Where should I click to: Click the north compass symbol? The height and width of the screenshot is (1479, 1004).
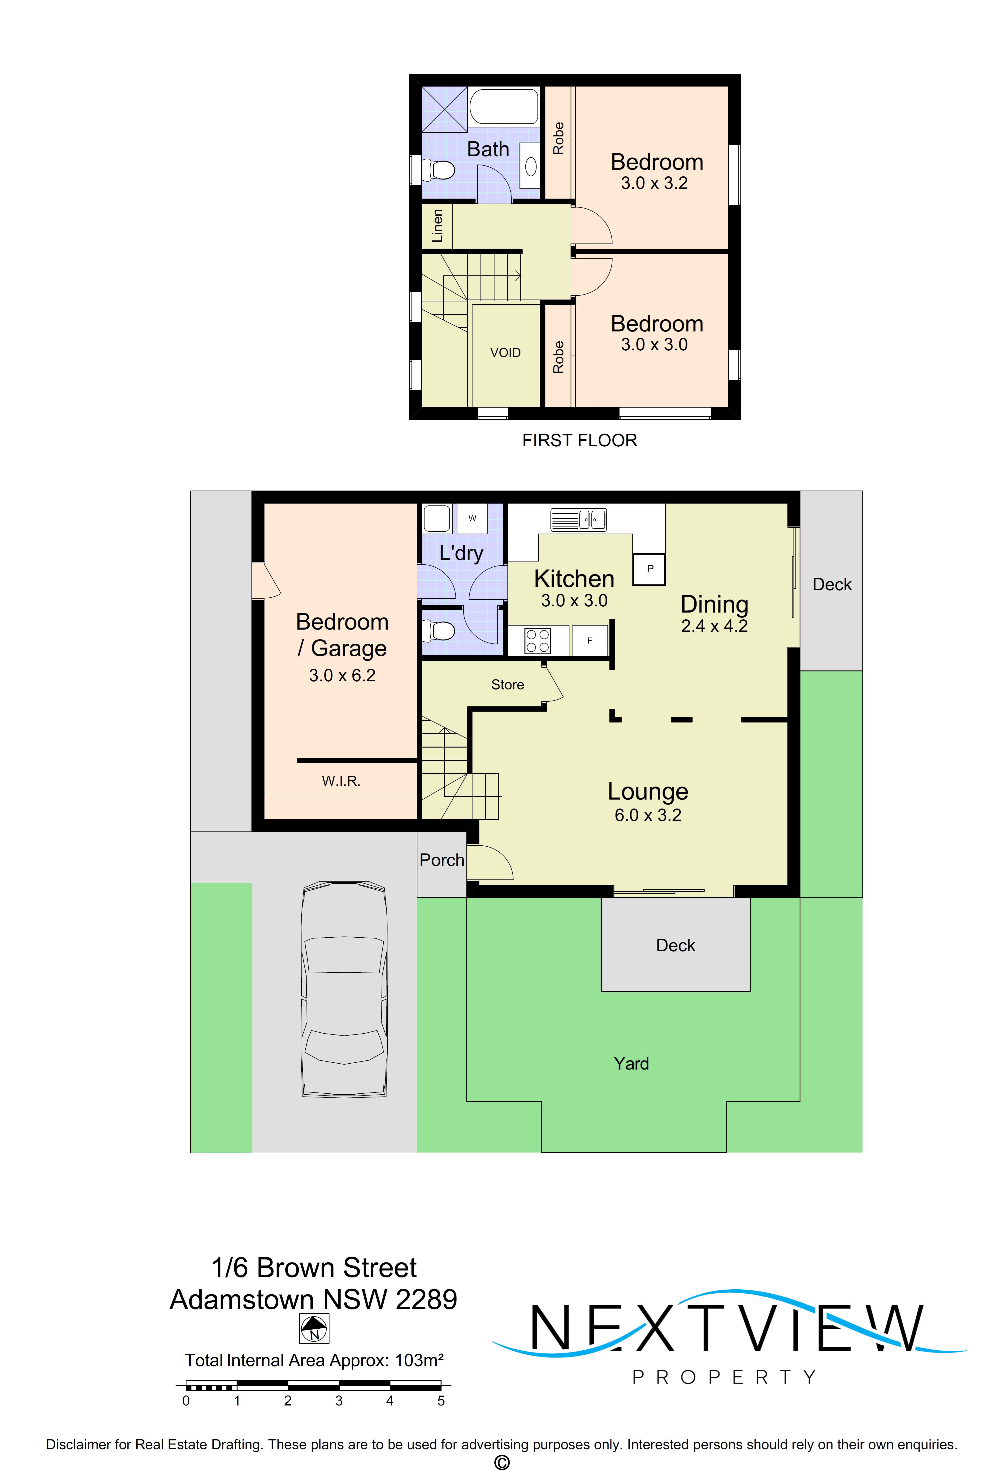coord(314,1329)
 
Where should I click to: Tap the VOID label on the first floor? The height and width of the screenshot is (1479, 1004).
coord(505,352)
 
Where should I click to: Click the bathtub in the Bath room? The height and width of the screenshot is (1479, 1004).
coord(504,106)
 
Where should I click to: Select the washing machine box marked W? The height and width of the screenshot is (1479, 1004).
coord(472,518)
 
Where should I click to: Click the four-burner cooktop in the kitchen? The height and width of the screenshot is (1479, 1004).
coord(538,641)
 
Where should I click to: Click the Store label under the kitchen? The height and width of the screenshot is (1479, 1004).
coord(507,685)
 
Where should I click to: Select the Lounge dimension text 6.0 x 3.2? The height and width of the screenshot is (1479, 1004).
coord(648,815)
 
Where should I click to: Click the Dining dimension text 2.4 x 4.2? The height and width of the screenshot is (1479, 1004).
coord(714,626)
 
